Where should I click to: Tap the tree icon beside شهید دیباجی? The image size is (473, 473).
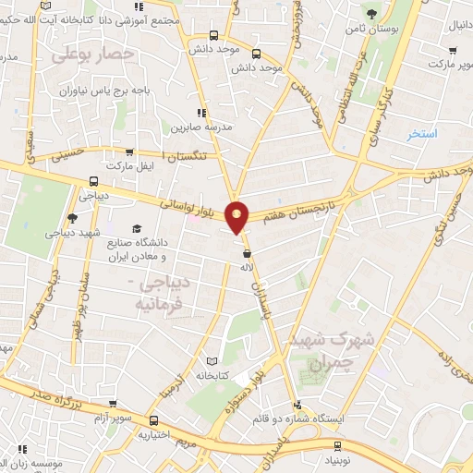(72, 218)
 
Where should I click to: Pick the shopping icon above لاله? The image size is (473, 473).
(247, 253)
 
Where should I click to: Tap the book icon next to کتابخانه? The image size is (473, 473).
(213, 361)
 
